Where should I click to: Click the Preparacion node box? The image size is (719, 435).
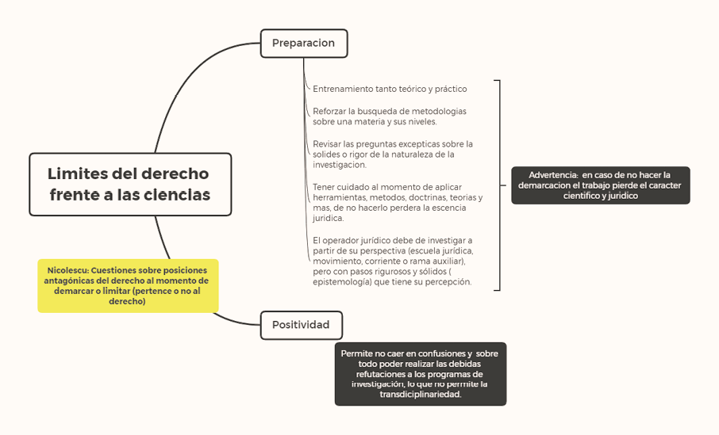coord(303,43)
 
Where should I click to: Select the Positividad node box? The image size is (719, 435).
coord(301,325)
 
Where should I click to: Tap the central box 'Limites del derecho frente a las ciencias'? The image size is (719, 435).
coord(130,184)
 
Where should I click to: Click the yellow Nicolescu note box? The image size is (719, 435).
coord(127,285)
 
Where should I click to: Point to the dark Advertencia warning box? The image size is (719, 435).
coord(600,185)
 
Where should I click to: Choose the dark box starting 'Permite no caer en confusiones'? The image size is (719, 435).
coord(420,373)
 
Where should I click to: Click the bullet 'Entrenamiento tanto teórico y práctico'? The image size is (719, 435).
coord(390,89)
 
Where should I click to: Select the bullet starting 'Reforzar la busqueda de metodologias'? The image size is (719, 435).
coord(389,116)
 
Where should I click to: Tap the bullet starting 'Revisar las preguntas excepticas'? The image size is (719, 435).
coord(392,155)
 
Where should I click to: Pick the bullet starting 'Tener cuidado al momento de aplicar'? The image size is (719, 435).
coord(397,202)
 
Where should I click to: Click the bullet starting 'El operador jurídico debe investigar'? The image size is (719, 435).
coord(392,261)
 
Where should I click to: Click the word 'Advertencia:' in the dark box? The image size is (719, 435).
coord(553,174)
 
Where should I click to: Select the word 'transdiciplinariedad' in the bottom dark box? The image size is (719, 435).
coord(420,394)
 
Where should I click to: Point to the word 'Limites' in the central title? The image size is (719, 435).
coord(76,174)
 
